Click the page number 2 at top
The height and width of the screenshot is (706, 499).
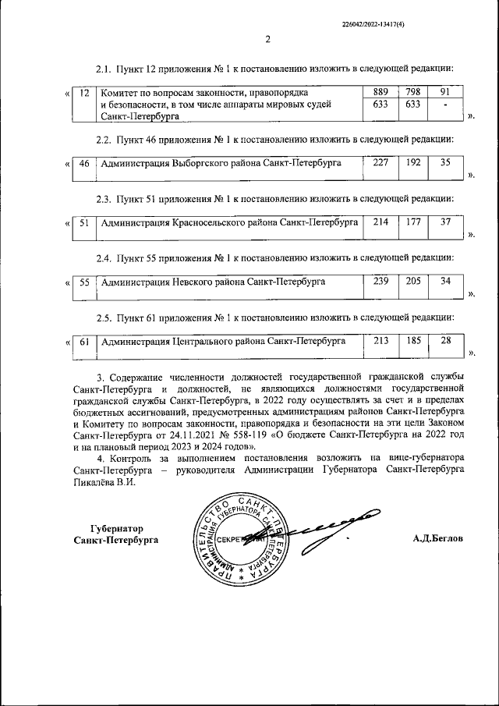point(267,41)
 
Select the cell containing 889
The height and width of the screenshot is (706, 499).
point(380,92)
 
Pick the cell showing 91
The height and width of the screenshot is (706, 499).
point(445,92)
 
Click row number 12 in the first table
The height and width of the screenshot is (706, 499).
point(84,93)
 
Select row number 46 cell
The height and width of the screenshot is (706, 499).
point(84,164)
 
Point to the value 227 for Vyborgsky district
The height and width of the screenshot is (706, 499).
point(380,163)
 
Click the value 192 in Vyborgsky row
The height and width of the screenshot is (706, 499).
point(413,163)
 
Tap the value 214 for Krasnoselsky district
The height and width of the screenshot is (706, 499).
point(380,222)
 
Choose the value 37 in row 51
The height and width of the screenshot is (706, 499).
point(445,222)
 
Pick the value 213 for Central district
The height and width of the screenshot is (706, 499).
point(380,340)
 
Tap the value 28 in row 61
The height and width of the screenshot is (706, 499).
point(445,340)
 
